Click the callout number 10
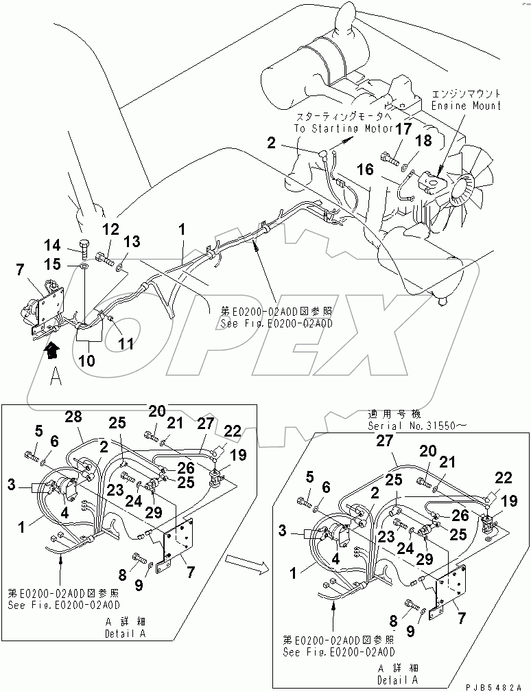87,360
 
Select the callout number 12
111,229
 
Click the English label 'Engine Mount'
474,106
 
